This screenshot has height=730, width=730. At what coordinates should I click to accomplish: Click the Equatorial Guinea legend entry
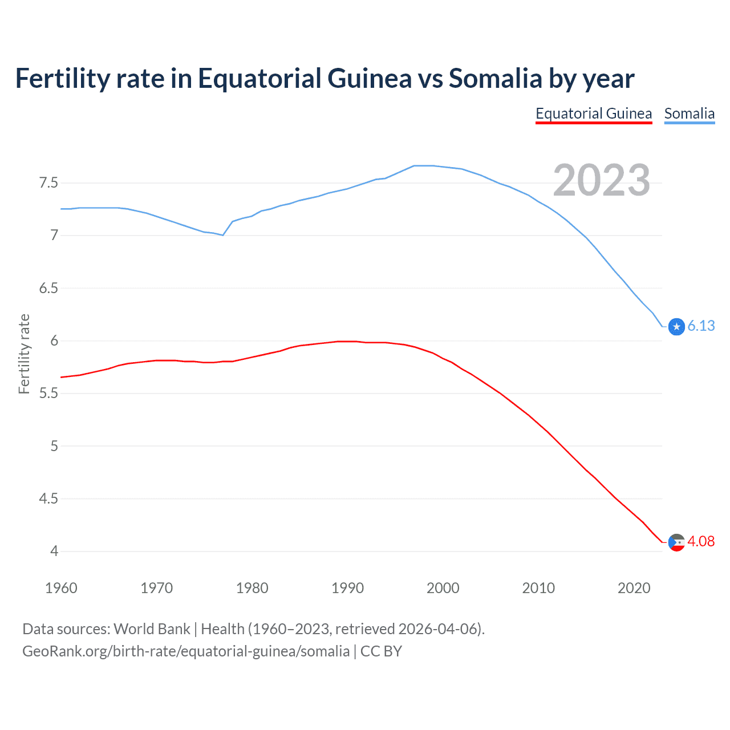pos(594,113)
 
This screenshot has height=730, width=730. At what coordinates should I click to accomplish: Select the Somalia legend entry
pos(689,113)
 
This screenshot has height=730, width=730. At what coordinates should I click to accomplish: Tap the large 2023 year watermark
pos(601,180)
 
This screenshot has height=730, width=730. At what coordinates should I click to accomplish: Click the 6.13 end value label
pos(701,326)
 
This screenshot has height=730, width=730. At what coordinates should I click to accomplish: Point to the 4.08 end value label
pos(701,541)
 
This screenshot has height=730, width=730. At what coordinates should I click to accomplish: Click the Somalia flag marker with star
pos(676,327)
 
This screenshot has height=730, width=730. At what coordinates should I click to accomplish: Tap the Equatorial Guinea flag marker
pos(676,542)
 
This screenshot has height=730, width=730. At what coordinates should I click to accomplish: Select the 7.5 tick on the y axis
pos(48,183)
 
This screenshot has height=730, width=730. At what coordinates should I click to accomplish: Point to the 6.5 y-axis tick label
pos(48,288)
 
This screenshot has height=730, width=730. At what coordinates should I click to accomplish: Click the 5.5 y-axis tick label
pos(48,394)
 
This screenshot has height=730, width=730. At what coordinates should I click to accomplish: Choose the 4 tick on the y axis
pos(54,551)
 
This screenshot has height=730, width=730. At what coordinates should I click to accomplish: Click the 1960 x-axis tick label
pos(61,588)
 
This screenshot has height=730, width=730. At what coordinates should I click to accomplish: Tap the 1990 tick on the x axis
pos(347,588)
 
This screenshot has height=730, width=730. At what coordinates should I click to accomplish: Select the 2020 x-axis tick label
pos(634,588)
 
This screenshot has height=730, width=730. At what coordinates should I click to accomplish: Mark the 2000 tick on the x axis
pos(443,588)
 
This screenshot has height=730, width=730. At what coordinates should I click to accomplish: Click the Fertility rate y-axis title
pos(24,354)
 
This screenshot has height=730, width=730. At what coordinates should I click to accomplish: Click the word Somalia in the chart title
pos(495,78)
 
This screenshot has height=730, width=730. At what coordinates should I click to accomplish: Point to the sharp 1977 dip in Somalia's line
pos(223,235)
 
